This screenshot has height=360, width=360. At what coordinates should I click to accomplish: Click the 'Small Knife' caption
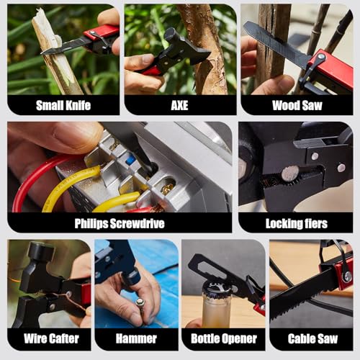coord(63,105)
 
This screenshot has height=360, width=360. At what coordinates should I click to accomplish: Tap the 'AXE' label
coord(180,105)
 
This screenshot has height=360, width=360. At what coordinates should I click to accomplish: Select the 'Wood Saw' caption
coord(296,105)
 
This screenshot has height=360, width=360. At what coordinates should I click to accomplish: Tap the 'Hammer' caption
coord(136,338)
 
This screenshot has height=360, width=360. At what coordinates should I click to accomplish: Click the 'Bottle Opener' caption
coord(222,338)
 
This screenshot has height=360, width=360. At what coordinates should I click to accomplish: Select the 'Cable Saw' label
coord(310,338)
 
